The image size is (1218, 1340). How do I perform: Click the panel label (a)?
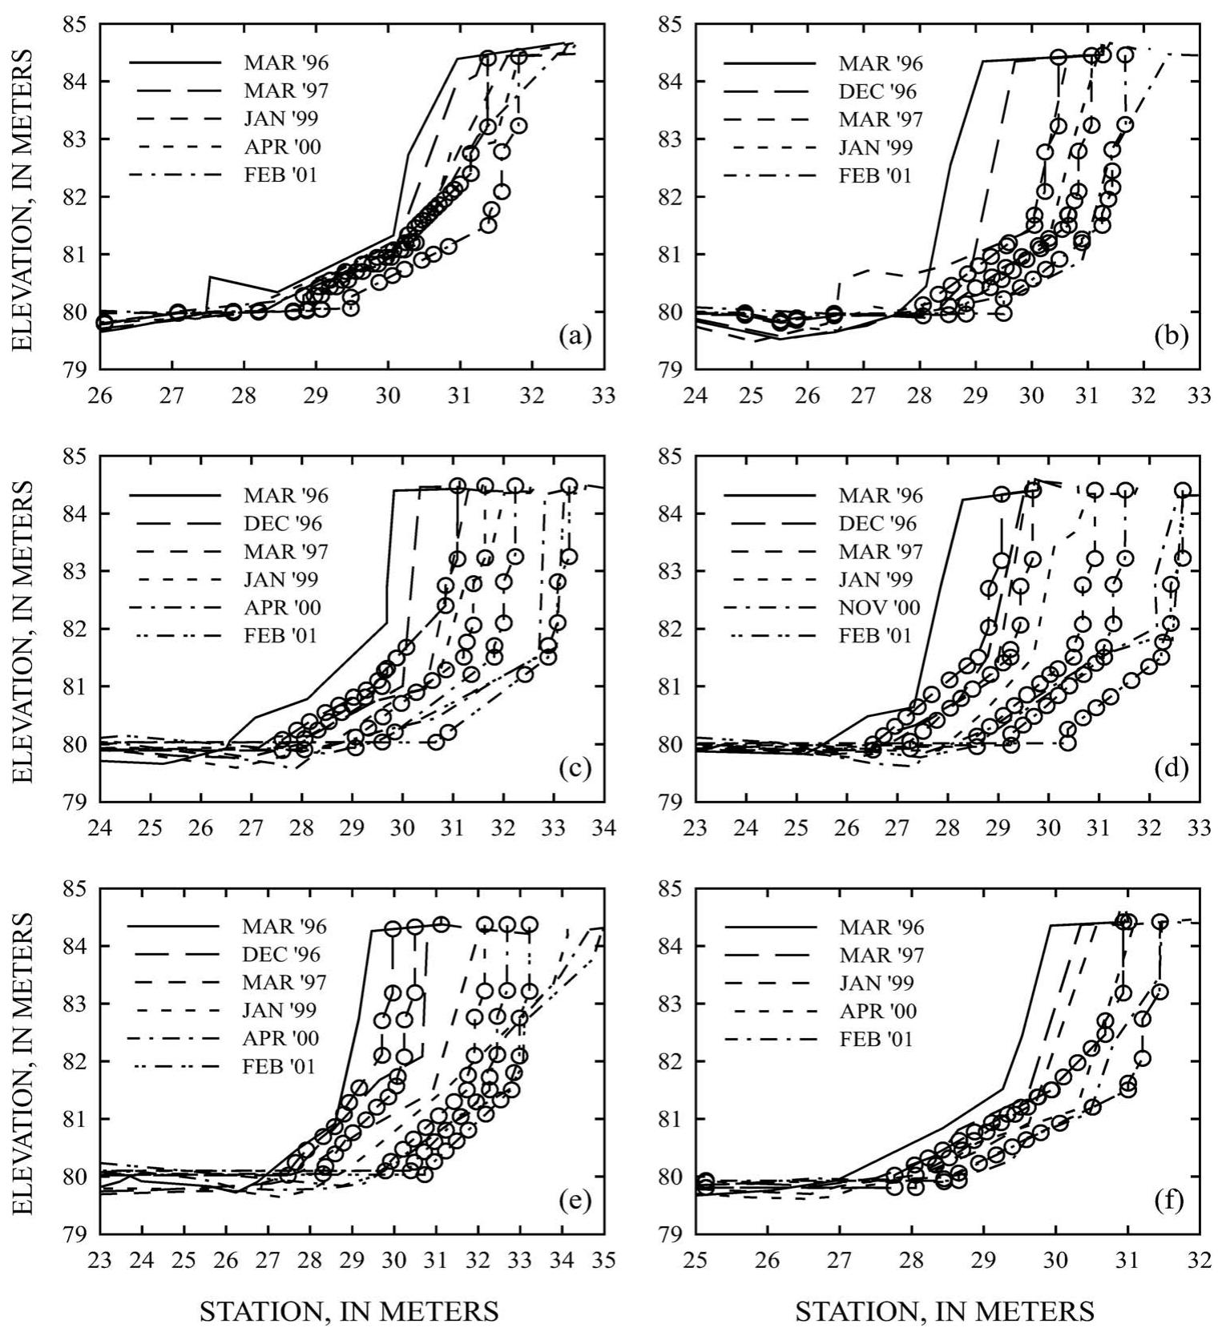575,336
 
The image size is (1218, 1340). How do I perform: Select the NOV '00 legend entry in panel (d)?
880,608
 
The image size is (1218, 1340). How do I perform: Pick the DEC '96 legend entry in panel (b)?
877,91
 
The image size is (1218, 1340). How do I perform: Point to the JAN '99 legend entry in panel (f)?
878,984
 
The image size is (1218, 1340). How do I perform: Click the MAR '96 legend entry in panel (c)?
285,496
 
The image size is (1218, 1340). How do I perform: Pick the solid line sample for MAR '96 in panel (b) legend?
769,63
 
